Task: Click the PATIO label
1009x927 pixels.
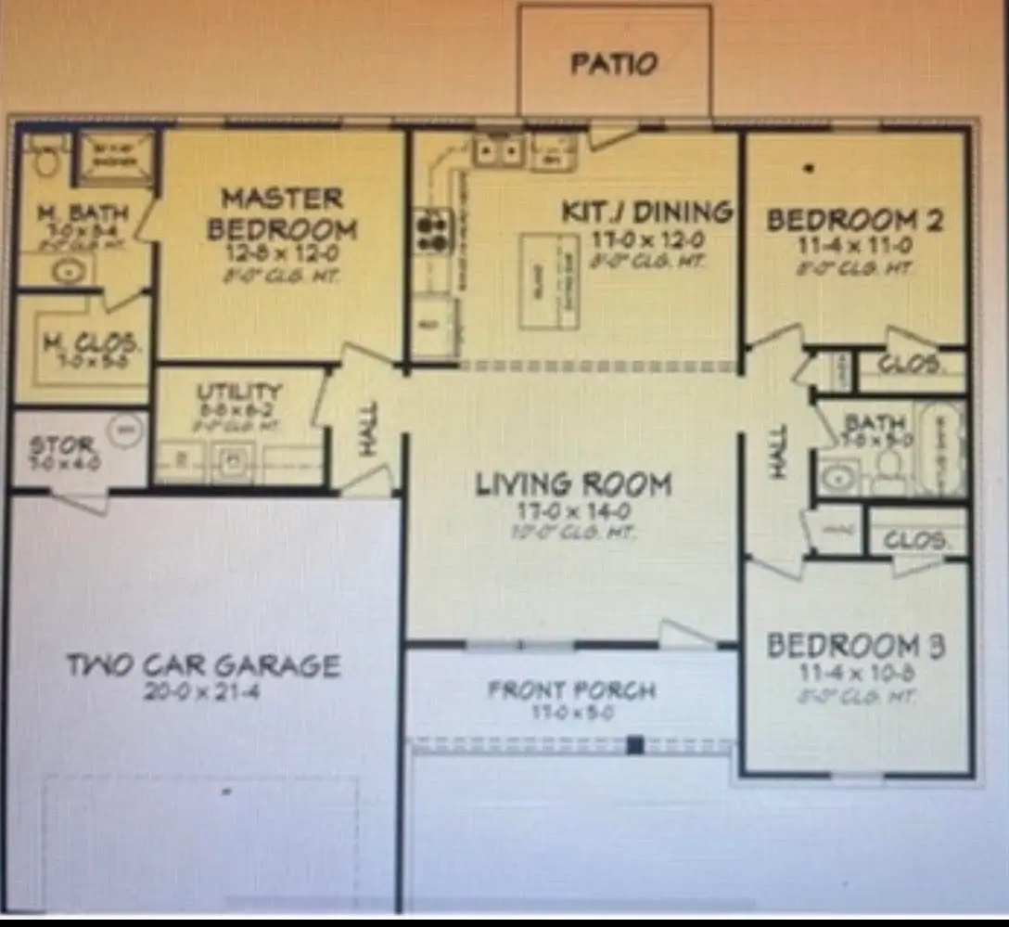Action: (614, 64)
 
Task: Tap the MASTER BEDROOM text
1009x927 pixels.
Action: (281, 213)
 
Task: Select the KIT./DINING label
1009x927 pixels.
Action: (646, 212)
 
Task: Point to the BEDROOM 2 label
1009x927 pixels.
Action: (854, 221)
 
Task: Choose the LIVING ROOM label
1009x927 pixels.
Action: (573, 484)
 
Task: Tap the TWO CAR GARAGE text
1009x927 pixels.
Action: (203, 665)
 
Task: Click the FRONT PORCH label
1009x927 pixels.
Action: (572, 690)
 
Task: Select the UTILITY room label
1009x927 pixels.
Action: (238, 393)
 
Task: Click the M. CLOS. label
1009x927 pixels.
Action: (93, 343)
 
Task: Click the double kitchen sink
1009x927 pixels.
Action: (499, 150)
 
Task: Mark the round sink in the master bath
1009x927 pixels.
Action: (66, 272)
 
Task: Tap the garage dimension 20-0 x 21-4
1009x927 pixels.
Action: (203, 692)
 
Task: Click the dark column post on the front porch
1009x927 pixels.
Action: (635, 744)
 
